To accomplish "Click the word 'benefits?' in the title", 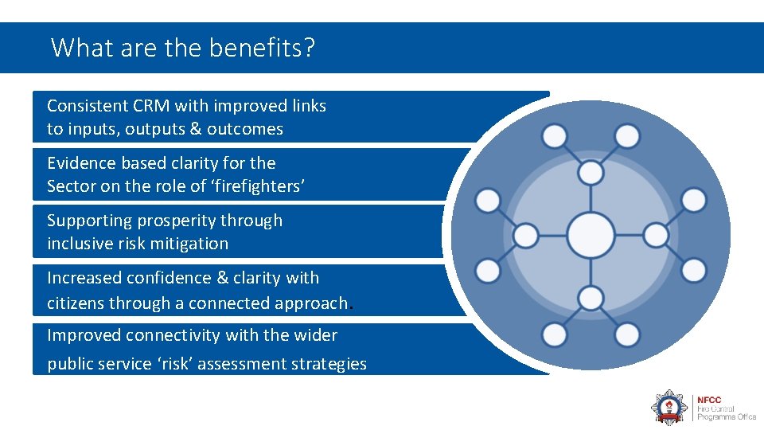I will [x=263, y=48].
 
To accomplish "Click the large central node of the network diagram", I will [x=591, y=236].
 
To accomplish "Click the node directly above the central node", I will [x=591, y=173].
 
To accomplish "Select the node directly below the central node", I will [x=591, y=299].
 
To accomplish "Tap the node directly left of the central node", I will [x=526, y=236].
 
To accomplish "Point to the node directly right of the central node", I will [x=655, y=236].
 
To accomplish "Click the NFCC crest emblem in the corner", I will [x=668, y=406].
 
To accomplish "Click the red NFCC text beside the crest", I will [x=709, y=399].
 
